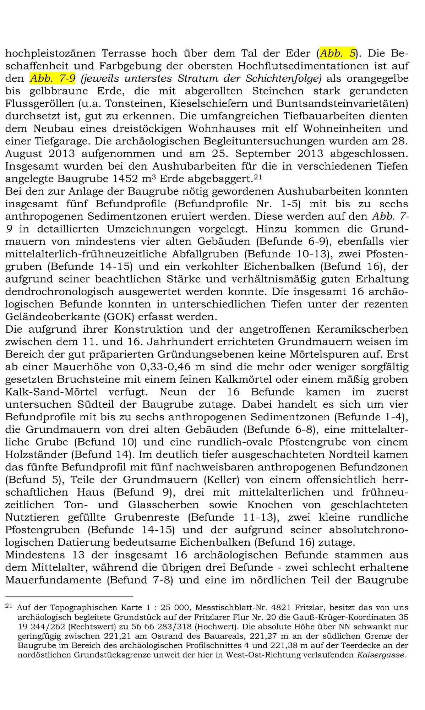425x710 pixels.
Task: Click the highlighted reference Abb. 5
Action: point(338,53)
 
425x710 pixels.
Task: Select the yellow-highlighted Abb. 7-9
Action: point(53,78)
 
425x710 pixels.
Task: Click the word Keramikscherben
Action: point(362,329)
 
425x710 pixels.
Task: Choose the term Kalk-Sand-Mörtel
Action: point(51,392)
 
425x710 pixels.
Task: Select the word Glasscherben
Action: point(164,504)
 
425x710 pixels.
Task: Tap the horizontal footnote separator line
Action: point(69,596)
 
